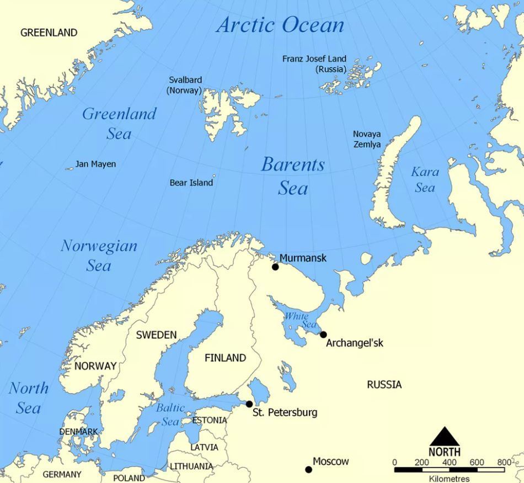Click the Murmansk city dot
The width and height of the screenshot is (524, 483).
275,267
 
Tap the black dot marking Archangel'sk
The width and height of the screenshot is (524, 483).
323,335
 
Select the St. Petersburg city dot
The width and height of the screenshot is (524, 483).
249,404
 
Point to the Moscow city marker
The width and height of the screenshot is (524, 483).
308,470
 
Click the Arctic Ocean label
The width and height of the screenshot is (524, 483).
280,25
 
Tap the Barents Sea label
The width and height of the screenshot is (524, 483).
293,176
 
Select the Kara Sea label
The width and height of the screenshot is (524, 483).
425,180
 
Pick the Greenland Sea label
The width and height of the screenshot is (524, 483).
119,123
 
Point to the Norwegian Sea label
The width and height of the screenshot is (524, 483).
99,255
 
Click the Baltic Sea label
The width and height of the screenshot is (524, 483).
170,415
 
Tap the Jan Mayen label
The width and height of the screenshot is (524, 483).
95,164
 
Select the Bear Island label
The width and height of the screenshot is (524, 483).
191,183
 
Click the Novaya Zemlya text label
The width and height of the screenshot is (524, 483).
367,139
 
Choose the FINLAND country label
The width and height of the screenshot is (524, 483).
225,358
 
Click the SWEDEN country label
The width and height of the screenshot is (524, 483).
156,335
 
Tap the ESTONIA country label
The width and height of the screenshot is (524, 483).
209,420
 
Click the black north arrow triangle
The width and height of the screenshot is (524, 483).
445,436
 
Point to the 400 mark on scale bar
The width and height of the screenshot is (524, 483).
450,463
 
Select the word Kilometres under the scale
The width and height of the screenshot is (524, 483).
449,479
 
